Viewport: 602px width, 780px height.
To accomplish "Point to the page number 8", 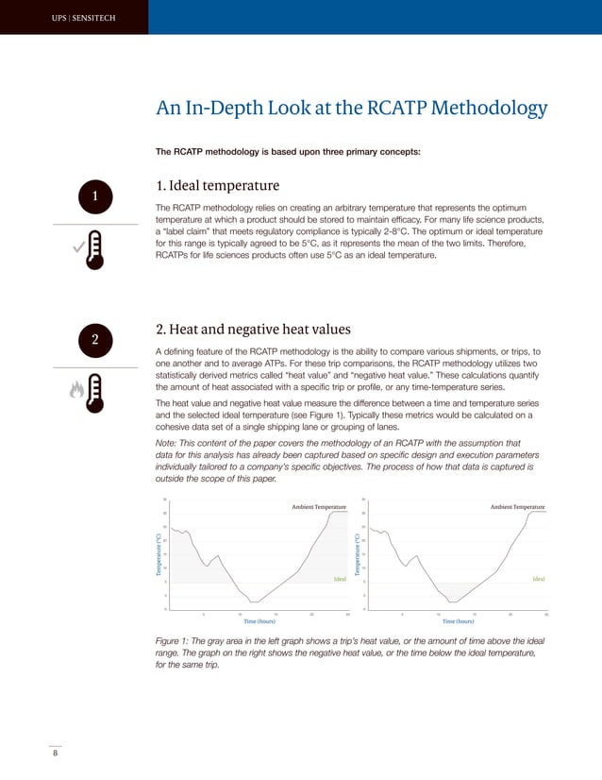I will click(x=55, y=753).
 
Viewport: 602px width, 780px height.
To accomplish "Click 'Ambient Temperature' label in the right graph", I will click(x=517, y=507).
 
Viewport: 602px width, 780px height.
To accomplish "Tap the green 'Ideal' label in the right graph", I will click(x=538, y=578).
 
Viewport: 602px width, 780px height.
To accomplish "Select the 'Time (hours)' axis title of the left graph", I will click(x=259, y=621).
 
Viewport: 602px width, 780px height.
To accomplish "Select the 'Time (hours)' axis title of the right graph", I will click(x=457, y=621).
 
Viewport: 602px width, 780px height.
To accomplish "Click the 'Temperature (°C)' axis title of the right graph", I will click(x=357, y=555).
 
